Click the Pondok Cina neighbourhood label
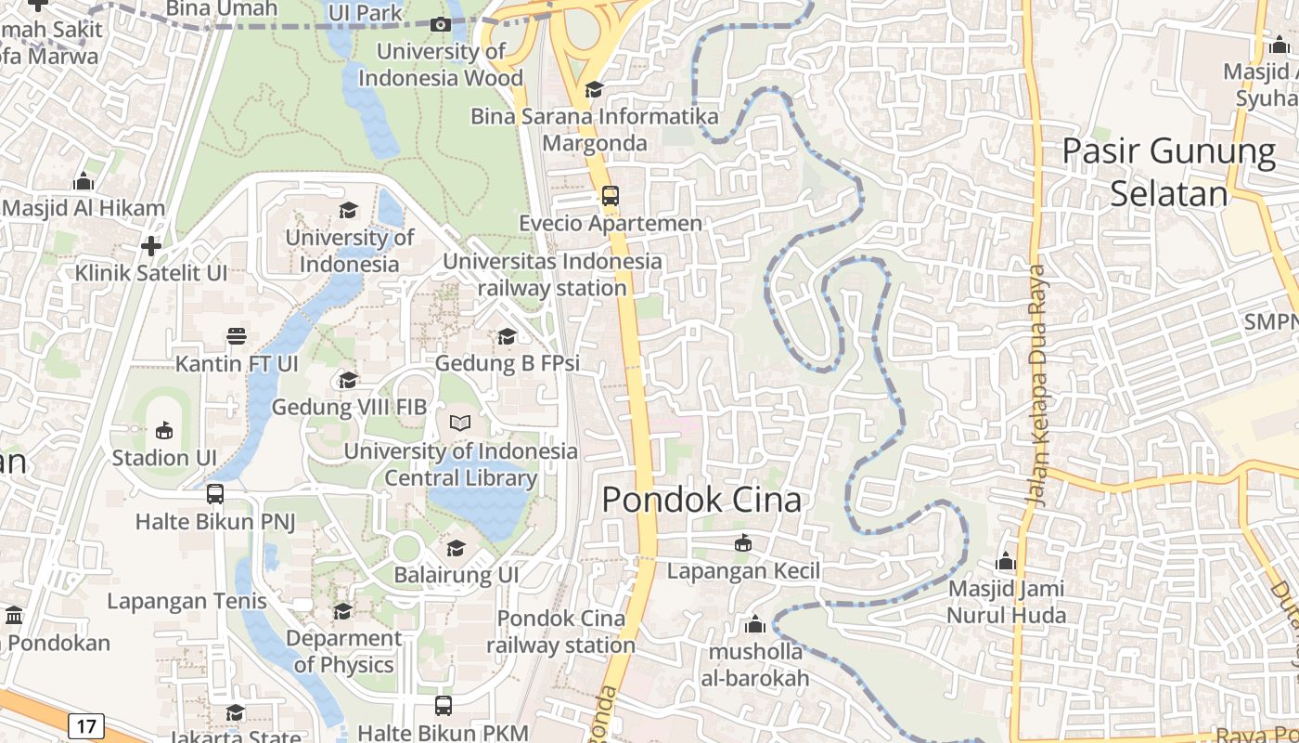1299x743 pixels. [701, 500]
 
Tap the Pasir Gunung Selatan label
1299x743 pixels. [1169, 172]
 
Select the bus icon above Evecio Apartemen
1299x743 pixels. [610, 196]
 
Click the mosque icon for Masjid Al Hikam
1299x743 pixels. [84, 180]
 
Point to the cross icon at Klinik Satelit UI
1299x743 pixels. [151, 246]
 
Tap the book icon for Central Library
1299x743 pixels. [460, 424]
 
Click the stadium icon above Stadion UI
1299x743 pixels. [164, 430]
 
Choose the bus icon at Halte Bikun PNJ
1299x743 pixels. [215, 494]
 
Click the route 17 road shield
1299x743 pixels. [85, 725]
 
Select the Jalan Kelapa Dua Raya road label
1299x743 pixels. [1037, 385]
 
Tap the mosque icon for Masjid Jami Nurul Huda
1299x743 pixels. [1006, 561]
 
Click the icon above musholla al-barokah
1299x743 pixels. [754, 624]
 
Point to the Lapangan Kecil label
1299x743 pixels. [744, 570]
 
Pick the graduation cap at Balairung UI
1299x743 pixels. [456, 548]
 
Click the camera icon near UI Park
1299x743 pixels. [441, 24]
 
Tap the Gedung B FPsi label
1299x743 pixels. [507, 363]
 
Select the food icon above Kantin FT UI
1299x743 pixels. [237, 335]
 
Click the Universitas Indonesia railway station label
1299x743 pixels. [553, 275]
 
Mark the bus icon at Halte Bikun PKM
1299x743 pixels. [444, 706]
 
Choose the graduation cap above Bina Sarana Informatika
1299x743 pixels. [594, 89]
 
